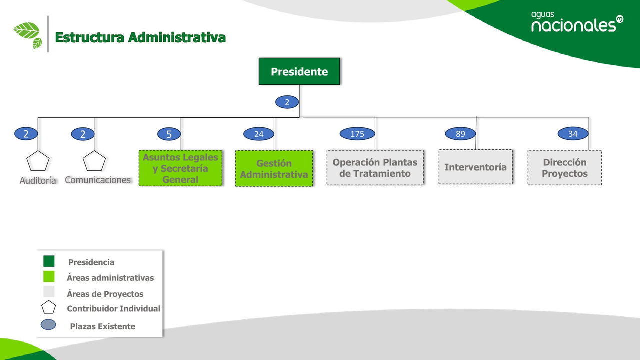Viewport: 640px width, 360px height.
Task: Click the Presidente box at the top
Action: [x=299, y=71]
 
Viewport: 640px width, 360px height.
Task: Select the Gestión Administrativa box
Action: [x=274, y=169]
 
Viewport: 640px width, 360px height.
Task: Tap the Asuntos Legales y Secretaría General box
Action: [x=180, y=168]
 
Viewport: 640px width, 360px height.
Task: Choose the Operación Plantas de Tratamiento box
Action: [x=375, y=168]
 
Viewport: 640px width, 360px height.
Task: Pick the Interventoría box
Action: [x=475, y=167]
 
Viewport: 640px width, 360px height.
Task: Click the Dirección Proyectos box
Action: [x=564, y=168]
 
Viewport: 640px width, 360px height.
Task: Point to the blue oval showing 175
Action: [x=357, y=134]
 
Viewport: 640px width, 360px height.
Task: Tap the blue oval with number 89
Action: [x=460, y=134]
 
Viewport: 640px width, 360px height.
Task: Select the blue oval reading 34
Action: [x=573, y=134]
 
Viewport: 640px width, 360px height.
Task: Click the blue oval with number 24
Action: [x=259, y=134]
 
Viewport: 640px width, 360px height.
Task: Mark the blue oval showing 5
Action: [x=169, y=134]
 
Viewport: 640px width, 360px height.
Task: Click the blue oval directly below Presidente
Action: [x=287, y=102]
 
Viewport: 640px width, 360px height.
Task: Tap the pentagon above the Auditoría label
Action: [x=38, y=161]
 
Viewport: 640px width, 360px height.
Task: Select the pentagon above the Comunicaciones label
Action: [x=94, y=161]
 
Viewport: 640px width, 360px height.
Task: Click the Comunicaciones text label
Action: [x=98, y=180]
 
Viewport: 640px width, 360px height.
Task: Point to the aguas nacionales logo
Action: [x=577, y=22]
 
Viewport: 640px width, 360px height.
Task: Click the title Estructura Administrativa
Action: [x=140, y=37]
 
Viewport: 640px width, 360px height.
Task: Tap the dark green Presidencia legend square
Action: [x=49, y=261]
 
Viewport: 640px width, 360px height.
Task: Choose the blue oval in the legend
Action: [x=48, y=325]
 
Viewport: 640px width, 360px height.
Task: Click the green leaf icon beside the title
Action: [x=28, y=34]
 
